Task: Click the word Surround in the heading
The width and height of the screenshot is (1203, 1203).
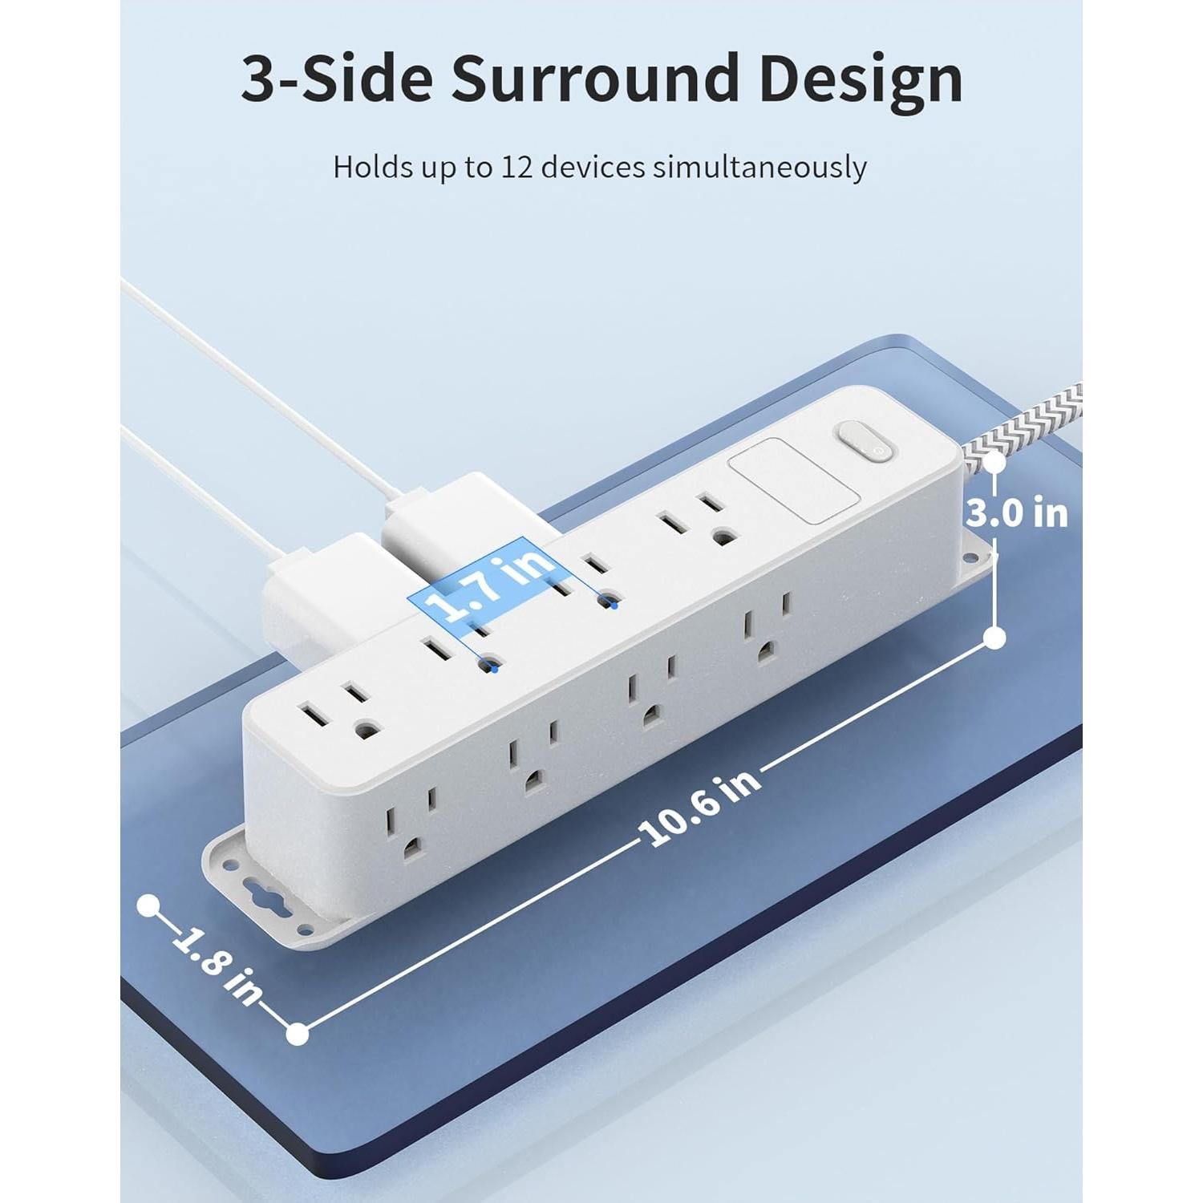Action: (596, 80)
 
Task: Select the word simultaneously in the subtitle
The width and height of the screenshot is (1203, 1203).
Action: (759, 168)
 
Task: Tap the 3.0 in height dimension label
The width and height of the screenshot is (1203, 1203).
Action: (1017, 513)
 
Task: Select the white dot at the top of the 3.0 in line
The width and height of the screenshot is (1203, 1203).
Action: (995, 463)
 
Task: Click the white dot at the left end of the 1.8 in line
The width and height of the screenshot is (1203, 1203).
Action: (147, 905)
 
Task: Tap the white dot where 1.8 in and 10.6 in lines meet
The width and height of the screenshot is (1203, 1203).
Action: (298, 1034)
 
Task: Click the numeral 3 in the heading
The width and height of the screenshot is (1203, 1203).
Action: (259, 80)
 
